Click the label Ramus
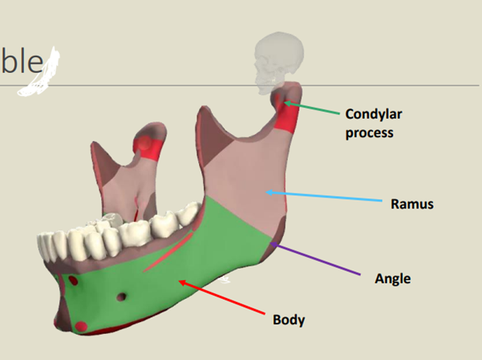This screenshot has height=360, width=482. (x=412, y=204)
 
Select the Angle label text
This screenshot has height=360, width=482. (x=392, y=278)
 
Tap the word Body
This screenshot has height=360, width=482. (x=289, y=320)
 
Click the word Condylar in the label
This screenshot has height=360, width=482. (x=372, y=114)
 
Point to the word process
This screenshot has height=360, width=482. (x=369, y=132)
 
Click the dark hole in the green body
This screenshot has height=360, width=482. (x=120, y=297)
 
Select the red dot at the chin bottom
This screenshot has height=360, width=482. (x=82, y=325)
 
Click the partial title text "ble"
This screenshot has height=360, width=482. (x=24, y=61)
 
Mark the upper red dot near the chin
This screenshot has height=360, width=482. (x=73, y=281)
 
